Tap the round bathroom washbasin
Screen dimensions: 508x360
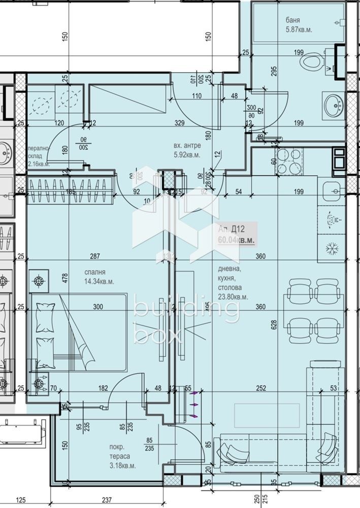tap(333, 104)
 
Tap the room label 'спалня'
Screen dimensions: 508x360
tap(94, 271)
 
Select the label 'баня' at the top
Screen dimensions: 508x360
tap(293, 21)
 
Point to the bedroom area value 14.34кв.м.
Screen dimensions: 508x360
tap(100, 281)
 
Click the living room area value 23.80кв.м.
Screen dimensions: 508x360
tap(234, 297)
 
